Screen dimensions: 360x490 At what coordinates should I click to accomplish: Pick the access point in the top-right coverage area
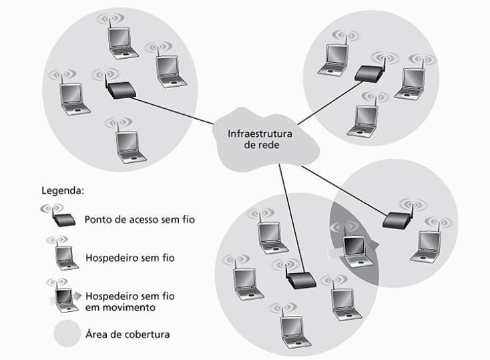pos(369,73)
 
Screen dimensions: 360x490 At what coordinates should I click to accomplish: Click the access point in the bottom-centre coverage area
pos(300,280)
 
